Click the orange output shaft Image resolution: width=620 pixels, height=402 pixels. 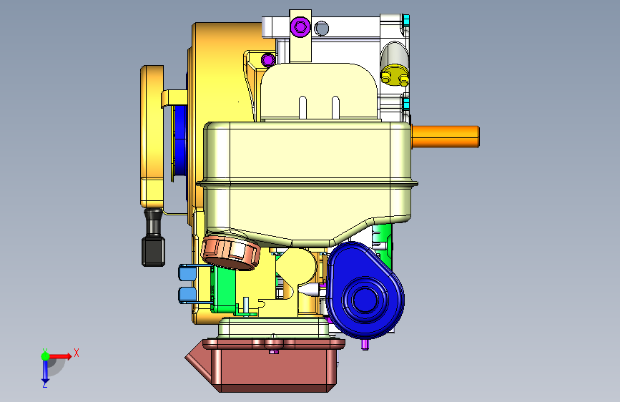(446, 137)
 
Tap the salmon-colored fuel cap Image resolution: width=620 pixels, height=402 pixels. (230, 253)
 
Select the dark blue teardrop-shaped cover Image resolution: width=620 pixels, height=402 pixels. (365, 291)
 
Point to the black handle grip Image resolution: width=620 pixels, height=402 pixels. (154, 237)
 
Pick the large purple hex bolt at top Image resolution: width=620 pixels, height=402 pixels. (300, 27)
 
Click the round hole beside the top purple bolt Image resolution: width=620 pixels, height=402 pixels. (322, 28)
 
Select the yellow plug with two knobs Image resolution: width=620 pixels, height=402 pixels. (395, 75)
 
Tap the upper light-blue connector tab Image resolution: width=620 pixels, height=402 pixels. (187, 273)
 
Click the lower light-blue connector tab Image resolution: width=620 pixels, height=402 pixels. (187, 295)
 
